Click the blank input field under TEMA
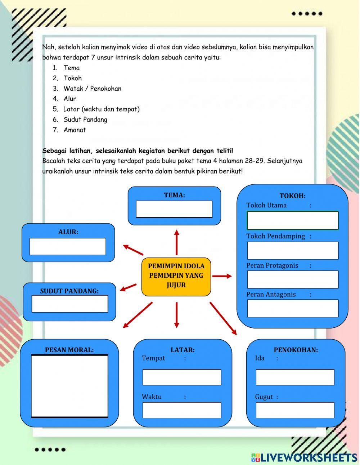174,209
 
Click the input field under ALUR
68,247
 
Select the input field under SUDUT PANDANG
70,304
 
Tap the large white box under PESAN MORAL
69,386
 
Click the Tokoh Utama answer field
292,220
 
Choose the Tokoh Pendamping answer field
292,251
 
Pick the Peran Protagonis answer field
292,280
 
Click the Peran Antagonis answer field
292,308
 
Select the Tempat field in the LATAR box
182,377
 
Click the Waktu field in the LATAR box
182,410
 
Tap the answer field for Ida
295,377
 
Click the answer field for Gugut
295,410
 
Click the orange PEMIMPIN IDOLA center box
176,276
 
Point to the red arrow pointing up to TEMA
176,242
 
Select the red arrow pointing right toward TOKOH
222,276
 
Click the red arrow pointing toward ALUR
133,250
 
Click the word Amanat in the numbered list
75,130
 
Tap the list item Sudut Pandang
85,120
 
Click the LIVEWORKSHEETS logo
304,457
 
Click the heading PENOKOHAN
296,350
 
